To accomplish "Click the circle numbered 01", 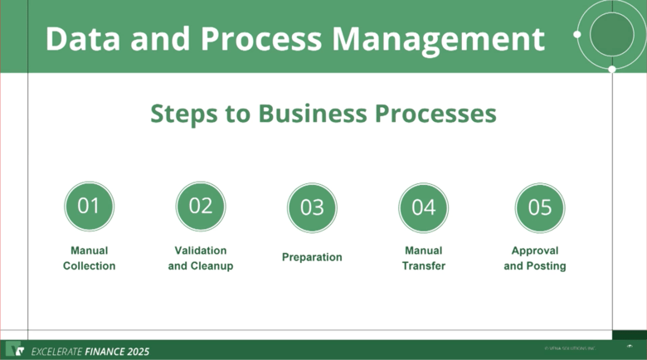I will tap(89, 207).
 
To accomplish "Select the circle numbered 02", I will tap(201, 207).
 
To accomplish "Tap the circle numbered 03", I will tap(312, 207).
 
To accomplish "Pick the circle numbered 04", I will tap(423, 207).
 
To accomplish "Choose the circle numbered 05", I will tap(540, 207).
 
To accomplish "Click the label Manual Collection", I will tap(89, 258).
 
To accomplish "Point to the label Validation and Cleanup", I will tap(201, 258).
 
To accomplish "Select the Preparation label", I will tap(312, 257).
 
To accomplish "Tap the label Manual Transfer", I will tap(423, 258).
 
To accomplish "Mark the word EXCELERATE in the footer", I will tap(57, 352).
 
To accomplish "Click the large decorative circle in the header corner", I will tap(612, 34).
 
